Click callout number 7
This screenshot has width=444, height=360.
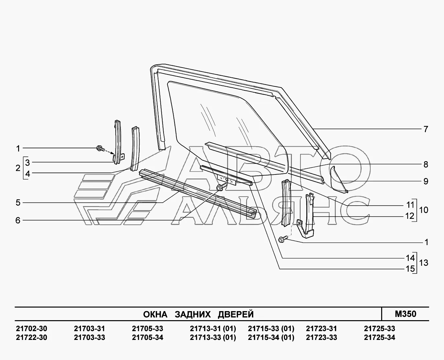point(426,129)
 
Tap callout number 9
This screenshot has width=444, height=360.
point(426,181)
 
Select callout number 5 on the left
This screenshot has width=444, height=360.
point(18,203)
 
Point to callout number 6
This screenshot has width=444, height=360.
point(18,220)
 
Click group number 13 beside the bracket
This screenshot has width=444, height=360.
point(423,263)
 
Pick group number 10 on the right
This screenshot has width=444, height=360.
point(423,210)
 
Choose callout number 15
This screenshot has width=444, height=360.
point(410,268)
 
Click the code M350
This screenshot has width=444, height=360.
point(405,314)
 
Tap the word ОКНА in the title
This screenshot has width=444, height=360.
point(155,314)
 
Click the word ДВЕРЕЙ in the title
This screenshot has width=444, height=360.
point(235,314)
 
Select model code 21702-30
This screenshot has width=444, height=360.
point(31,329)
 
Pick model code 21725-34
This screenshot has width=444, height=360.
point(380,337)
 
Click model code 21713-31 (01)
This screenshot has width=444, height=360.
point(213,329)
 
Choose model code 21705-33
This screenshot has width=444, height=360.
point(147,329)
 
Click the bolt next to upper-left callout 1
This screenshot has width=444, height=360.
point(99,149)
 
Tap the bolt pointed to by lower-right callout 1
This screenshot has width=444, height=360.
point(281,239)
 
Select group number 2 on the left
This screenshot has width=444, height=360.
point(18,168)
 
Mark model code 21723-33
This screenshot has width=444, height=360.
point(321,337)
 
